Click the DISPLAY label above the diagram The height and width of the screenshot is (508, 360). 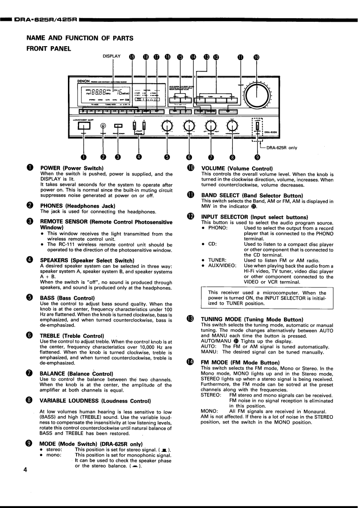click(112, 56)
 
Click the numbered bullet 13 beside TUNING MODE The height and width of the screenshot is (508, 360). click(190, 319)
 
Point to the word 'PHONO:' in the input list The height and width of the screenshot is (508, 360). click(218, 228)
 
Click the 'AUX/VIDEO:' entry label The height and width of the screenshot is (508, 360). click(222, 266)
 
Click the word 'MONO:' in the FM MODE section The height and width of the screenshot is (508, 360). click(209, 412)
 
